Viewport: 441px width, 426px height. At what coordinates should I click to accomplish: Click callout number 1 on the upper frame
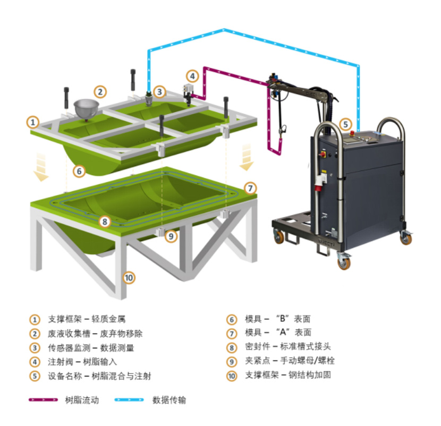click(33, 122)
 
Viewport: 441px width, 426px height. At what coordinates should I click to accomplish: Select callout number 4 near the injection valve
click(192, 76)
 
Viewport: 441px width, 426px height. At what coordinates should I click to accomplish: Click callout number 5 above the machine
click(345, 124)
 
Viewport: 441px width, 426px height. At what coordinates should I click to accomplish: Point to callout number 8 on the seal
click(105, 221)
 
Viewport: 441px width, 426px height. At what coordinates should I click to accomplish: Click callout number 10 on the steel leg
click(129, 278)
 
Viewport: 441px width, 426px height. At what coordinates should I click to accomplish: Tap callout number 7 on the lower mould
click(250, 188)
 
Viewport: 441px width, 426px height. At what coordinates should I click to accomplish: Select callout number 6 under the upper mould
click(79, 171)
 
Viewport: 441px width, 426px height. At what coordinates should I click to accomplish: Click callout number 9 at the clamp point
click(171, 236)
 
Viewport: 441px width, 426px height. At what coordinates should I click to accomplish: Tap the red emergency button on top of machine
click(352, 133)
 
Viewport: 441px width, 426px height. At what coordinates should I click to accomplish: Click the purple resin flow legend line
click(43, 399)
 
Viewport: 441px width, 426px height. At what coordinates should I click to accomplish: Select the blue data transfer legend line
click(129, 399)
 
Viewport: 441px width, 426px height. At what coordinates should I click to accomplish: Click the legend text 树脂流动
click(82, 400)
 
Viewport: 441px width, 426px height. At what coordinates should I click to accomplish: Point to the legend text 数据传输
click(169, 400)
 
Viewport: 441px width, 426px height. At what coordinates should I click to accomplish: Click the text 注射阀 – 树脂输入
click(82, 362)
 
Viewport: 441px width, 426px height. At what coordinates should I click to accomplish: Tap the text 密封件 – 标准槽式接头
click(288, 346)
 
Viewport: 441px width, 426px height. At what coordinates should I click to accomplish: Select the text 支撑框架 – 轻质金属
click(87, 319)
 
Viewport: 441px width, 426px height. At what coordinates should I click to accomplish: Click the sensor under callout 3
click(148, 99)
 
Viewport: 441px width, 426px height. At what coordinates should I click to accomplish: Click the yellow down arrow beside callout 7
click(247, 157)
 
